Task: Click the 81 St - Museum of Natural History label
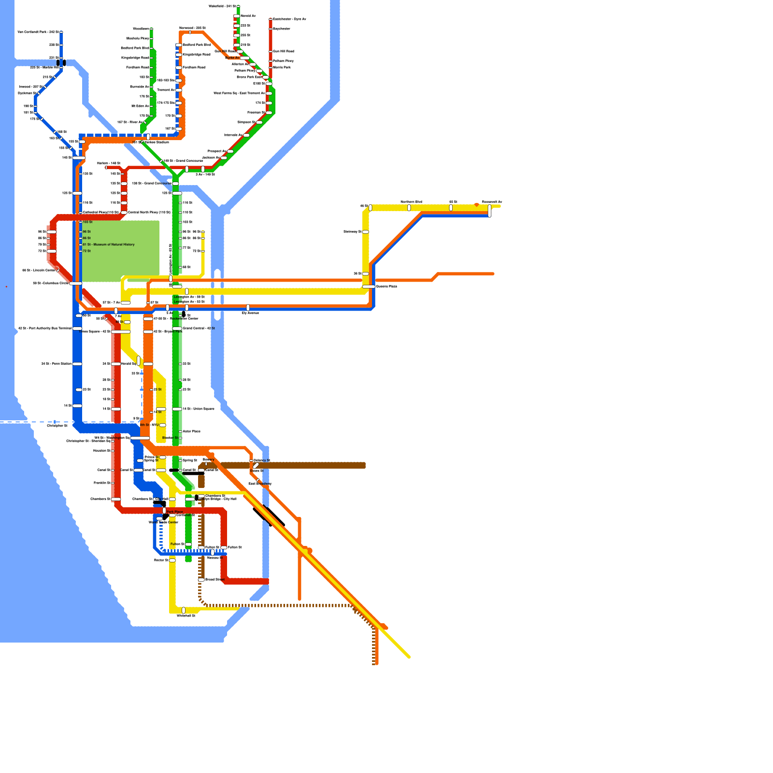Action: pyautogui.click(x=109, y=244)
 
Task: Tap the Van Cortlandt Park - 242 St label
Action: pyautogui.click(x=38, y=32)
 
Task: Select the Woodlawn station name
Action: pyautogui.click(x=141, y=29)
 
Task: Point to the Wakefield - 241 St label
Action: pyautogui.click(x=222, y=6)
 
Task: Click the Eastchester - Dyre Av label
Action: pyautogui.click(x=289, y=19)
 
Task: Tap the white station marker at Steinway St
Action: pyautogui.click(x=366, y=232)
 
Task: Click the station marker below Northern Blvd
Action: pyautogui.click(x=409, y=208)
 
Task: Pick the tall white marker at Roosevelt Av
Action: pyautogui.click(x=489, y=211)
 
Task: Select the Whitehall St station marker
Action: pyautogui.click(x=184, y=610)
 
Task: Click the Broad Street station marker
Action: pyautogui.click(x=201, y=579)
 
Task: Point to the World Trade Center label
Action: pyautogui.click(x=163, y=522)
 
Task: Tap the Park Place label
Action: pyautogui.click(x=174, y=512)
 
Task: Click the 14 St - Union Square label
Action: pyautogui.click(x=199, y=409)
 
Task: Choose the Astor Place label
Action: pyautogui.click(x=191, y=431)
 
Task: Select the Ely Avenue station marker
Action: pyautogui.click(x=248, y=307)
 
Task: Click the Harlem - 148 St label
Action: pyautogui.click(x=108, y=163)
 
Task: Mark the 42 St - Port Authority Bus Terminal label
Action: pyautogui.click(x=44, y=329)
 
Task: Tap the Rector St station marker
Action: pyautogui.click(x=172, y=560)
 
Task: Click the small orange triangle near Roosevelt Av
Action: pyautogui.click(x=476, y=205)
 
